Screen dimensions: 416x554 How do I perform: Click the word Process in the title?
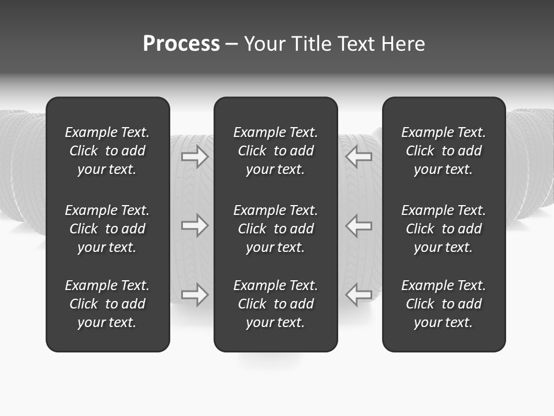[x=181, y=44]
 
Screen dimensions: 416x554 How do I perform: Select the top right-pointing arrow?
[x=194, y=156]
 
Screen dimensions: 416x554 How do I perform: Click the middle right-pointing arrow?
[x=194, y=225]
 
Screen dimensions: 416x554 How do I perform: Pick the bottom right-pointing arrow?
[x=194, y=295]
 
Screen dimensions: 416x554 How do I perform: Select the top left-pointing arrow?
[x=359, y=156]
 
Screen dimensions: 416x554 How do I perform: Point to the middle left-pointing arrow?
[x=359, y=225]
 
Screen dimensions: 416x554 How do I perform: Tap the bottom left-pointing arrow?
[x=359, y=295]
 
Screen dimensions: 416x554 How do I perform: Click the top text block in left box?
[x=107, y=151]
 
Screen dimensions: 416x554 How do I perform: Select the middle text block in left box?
[x=107, y=229]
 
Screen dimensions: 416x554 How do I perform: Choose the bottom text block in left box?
[x=107, y=304]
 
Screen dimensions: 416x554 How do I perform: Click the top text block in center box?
[x=275, y=151]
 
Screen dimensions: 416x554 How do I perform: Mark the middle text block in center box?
[x=275, y=229]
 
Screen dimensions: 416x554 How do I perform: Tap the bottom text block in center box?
[x=275, y=304]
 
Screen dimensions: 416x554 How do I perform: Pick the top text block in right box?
[x=443, y=151]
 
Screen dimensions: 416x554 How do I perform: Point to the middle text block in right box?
[x=443, y=229]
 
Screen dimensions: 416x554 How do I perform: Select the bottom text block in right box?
[x=443, y=304]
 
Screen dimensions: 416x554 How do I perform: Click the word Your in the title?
[x=264, y=44]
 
